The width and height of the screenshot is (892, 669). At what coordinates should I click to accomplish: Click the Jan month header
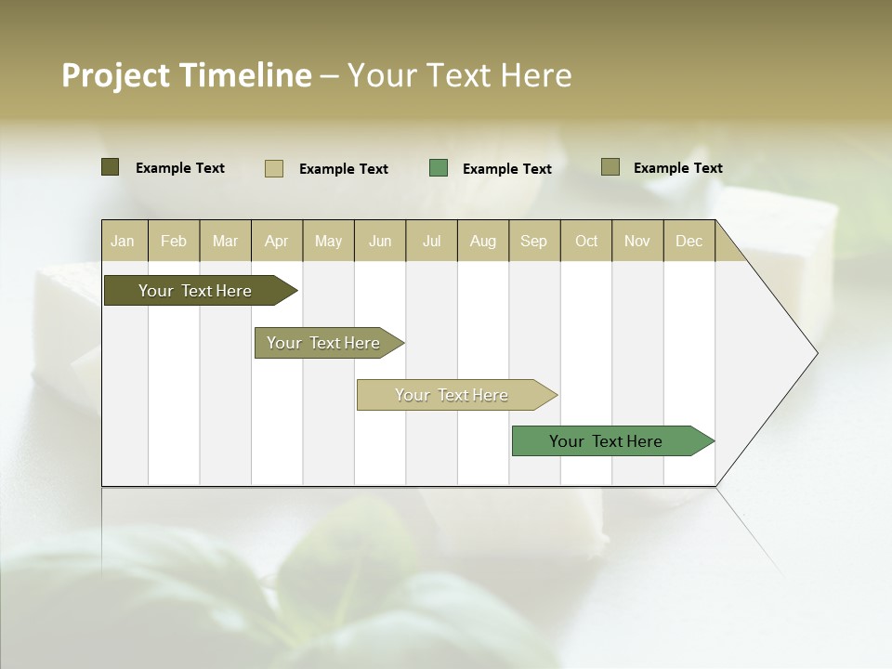tap(124, 241)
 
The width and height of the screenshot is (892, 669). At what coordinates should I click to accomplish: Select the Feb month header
tap(174, 241)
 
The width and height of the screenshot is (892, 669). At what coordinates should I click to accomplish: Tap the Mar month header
tap(225, 241)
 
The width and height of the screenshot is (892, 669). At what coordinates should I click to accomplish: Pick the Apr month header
tap(277, 241)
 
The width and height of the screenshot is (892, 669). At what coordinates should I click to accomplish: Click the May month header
tap(328, 241)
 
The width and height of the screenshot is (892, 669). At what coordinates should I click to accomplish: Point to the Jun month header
tap(380, 241)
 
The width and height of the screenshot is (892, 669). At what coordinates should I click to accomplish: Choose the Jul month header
tap(431, 241)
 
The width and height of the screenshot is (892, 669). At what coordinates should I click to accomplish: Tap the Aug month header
tap(483, 241)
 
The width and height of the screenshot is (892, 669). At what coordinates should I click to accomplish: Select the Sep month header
tap(534, 241)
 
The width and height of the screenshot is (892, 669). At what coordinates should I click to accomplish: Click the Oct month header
tap(586, 241)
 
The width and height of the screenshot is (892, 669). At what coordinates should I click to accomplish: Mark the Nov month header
tap(637, 241)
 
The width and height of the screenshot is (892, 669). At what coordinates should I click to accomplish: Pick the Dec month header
tap(689, 241)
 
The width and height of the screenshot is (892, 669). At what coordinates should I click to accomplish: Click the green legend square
tap(439, 168)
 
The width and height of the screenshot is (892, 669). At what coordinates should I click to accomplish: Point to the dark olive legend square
tap(111, 167)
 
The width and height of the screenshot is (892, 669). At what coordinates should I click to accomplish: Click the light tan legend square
tap(274, 168)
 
